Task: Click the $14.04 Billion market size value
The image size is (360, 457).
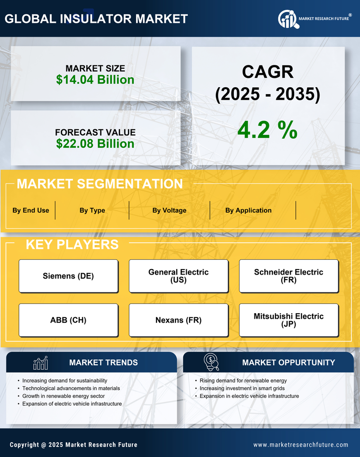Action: (x=95, y=80)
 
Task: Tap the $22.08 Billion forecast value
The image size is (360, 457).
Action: (x=95, y=144)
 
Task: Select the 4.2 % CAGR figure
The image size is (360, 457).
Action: (x=267, y=130)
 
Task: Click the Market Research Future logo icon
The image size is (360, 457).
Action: (x=287, y=19)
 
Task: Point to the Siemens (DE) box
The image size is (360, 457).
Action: (x=68, y=276)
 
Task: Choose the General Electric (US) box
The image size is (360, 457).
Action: (x=178, y=276)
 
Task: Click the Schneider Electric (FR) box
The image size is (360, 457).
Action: (x=289, y=276)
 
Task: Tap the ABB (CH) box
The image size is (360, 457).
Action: (x=68, y=320)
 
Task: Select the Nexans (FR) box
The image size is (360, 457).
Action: (x=178, y=320)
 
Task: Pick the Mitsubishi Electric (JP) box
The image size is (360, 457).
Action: (x=289, y=320)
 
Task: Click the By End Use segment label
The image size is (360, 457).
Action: (x=31, y=210)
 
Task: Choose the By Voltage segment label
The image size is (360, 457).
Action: (x=169, y=210)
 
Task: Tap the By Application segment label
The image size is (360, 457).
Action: (x=248, y=210)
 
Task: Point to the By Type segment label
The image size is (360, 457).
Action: (x=92, y=210)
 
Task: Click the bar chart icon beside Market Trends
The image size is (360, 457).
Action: (x=40, y=363)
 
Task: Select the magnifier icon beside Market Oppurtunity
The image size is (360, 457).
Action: (x=211, y=362)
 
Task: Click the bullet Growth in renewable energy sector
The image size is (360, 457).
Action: (x=64, y=396)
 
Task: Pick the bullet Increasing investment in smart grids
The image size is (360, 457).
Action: (x=242, y=389)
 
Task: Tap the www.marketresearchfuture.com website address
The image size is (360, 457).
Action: (x=301, y=445)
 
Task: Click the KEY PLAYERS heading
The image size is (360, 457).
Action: (x=72, y=244)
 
